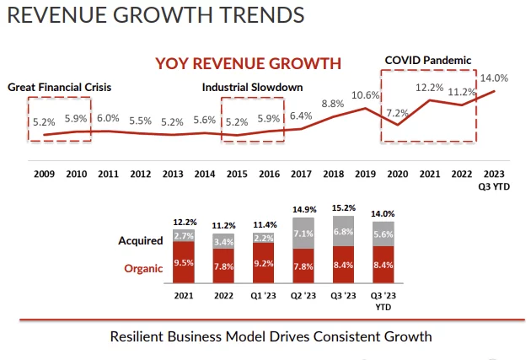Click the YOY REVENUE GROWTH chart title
pos(247,63)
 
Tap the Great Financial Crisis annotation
pos(60,87)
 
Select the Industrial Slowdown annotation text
pos(252,87)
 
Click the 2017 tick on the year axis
pos(301,174)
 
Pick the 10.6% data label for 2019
pos(365,95)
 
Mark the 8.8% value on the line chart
pos(333,104)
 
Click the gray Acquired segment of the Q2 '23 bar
pos(303,234)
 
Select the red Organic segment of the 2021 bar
pos(183,262)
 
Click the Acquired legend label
pos(140,240)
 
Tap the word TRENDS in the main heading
pos(249,14)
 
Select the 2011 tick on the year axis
pos(108,174)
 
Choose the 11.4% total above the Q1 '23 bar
pos(263,225)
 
